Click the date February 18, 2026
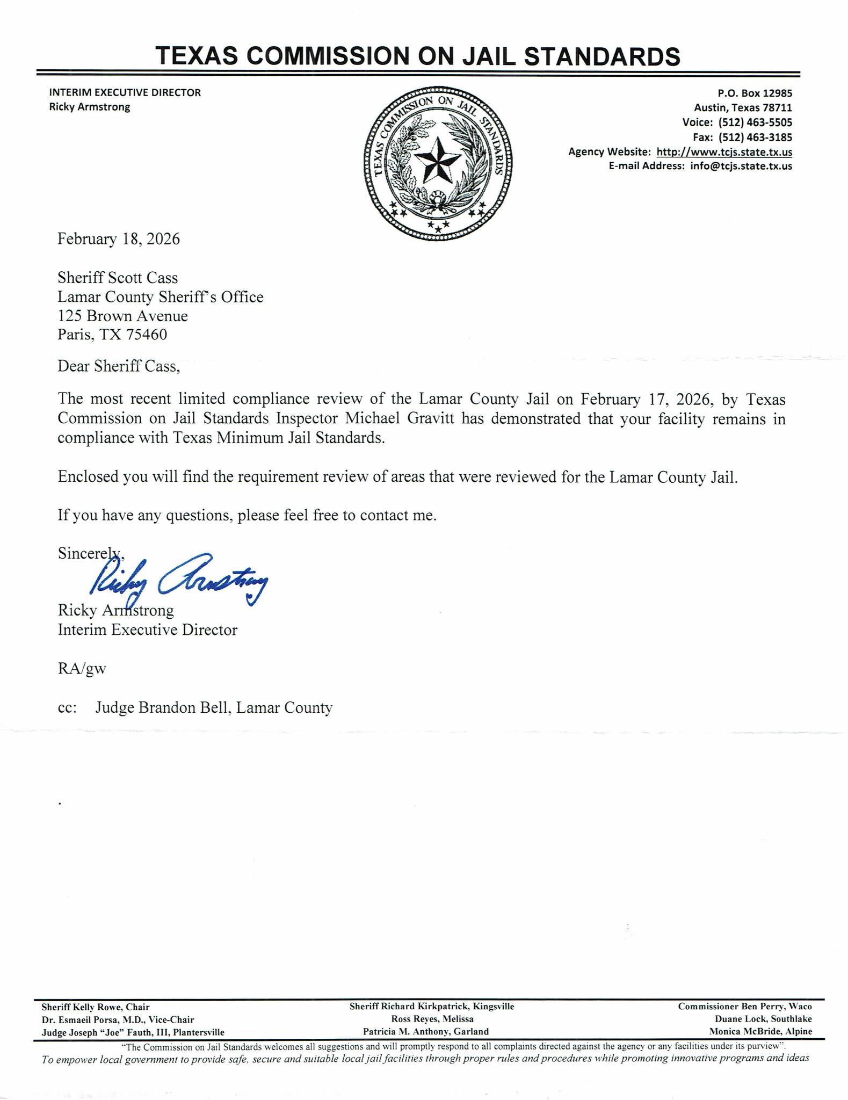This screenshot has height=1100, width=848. coord(119,239)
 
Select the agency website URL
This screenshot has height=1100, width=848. coord(724,152)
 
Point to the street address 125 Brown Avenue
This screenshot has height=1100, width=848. coord(122,316)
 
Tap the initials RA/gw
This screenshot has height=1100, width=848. coord(82,669)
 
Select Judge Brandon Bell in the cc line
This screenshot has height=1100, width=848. coord(163,708)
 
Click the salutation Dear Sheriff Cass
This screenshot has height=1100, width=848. coord(118,366)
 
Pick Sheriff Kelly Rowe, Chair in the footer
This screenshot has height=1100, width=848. coord(95,1007)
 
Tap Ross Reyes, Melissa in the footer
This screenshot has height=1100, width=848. coord(432,1019)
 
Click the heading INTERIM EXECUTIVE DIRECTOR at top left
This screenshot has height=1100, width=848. coord(125,92)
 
